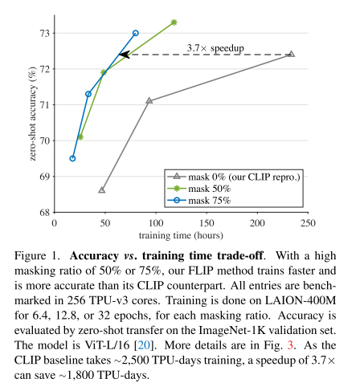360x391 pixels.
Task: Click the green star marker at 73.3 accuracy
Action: tap(174, 22)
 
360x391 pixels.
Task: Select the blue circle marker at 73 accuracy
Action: tap(136, 33)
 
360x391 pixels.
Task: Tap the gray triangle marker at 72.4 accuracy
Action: tap(292, 54)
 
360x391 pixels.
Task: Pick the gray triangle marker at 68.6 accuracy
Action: tap(102, 190)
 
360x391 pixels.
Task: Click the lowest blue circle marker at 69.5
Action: tap(72, 158)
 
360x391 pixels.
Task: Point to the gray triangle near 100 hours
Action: tap(149, 100)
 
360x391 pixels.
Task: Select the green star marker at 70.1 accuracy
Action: tap(80, 137)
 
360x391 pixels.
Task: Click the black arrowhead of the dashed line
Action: tap(125, 55)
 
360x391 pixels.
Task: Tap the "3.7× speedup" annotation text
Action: tap(215, 48)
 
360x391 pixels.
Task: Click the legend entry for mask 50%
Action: tap(198, 189)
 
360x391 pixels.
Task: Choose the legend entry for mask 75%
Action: tap(198, 201)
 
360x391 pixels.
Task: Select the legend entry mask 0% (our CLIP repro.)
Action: tap(234, 177)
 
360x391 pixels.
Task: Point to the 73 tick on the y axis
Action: tap(44, 34)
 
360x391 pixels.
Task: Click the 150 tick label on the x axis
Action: tap(207, 223)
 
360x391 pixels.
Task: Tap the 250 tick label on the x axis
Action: tap(308, 223)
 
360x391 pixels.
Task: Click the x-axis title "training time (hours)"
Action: tap(181, 235)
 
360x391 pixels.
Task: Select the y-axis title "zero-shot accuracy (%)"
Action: tap(32, 113)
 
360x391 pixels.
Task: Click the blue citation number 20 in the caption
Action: tap(145, 345)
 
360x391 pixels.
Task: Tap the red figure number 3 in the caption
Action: tap(290, 345)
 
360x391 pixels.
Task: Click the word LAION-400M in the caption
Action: tap(301, 300)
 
